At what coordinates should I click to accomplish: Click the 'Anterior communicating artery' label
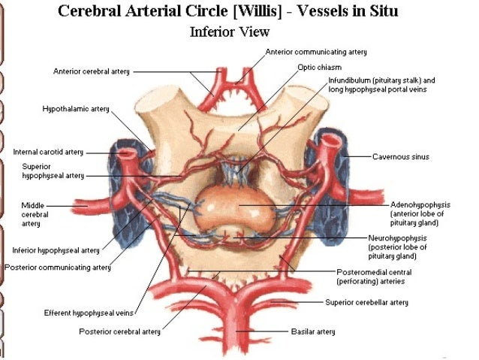(x=316, y=52)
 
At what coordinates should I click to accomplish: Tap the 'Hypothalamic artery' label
(x=75, y=109)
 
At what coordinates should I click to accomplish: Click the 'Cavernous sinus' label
(x=399, y=157)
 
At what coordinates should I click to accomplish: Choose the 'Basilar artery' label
(x=313, y=331)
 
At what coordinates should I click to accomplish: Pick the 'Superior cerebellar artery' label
(x=366, y=302)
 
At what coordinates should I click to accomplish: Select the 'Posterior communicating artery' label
(x=56, y=267)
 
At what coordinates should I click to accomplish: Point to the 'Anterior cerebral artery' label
(x=92, y=71)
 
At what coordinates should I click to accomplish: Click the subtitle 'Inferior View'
(x=230, y=32)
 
